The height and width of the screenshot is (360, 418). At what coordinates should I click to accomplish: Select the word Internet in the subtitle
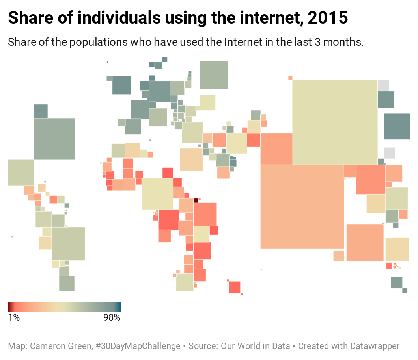(243, 42)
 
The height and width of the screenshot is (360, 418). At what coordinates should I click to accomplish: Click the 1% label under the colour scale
(14, 317)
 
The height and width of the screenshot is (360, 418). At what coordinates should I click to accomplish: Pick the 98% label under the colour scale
(112, 317)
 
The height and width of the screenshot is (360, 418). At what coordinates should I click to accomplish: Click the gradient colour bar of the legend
(64, 306)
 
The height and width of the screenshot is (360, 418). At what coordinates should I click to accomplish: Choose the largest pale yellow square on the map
(335, 122)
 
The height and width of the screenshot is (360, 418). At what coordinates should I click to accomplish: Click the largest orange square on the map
(302, 206)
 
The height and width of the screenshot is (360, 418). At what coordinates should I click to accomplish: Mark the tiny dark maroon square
(196, 200)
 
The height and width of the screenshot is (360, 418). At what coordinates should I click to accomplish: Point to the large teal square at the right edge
(397, 126)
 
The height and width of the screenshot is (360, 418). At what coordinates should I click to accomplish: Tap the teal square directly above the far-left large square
(41, 111)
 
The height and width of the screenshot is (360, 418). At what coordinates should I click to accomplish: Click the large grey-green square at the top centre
(214, 75)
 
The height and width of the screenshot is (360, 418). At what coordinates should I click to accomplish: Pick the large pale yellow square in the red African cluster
(157, 194)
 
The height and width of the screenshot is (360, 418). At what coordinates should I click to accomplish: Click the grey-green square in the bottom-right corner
(397, 282)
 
